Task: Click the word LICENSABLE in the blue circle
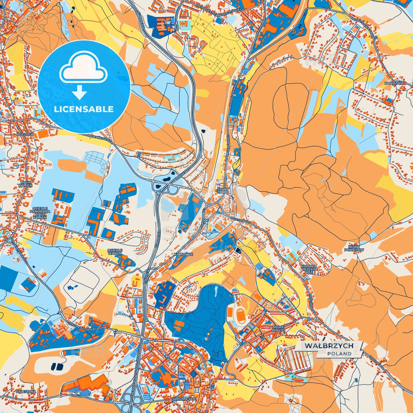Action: tap(84, 109)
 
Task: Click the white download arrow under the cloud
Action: tap(80, 92)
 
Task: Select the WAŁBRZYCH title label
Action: tap(329, 346)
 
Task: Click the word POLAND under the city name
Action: tap(340, 354)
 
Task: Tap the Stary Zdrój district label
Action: tap(223, 191)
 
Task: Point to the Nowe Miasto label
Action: tap(278, 328)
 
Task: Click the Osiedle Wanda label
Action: tap(115, 252)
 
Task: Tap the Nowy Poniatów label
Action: tap(356, 248)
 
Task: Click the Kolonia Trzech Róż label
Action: tap(309, 269)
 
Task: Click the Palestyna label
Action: tap(26, 391)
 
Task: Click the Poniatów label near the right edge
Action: tap(394, 83)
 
